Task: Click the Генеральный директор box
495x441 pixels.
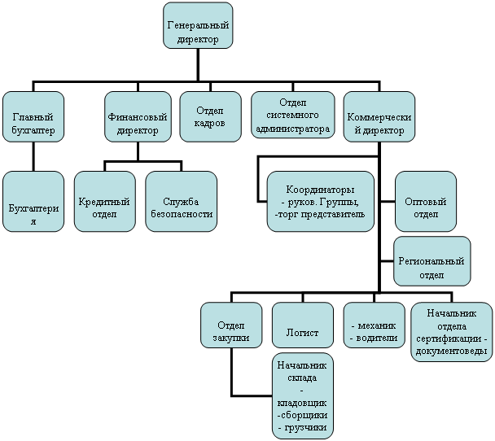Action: pyautogui.click(x=198, y=25)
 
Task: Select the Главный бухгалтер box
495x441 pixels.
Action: pyautogui.click(x=33, y=116)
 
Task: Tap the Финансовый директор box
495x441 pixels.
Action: pyautogui.click(x=138, y=116)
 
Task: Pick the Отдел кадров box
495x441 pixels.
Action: pyautogui.click(x=211, y=116)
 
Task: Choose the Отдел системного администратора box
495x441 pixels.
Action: pyautogui.click(x=293, y=115)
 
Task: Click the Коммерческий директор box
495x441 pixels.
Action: pyautogui.click(x=379, y=116)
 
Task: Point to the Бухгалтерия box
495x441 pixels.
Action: pyautogui.click(x=33, y=202)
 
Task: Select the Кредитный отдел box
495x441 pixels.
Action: pyautogui.click(x=105, y=202)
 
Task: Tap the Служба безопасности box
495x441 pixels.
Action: pyautogui.click(x=182, y=202)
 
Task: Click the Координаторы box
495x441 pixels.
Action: pyautogui.click(x=321, y=202)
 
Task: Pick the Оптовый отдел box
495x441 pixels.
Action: pyautogui.click(x=426, y=202)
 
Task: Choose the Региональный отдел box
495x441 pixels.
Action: pyautogui.click(x=431, y=261)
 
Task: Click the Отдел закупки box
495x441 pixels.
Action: pyautogui.click(x=231, y=325)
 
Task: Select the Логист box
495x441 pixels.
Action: pyautogui.click(x=303, y=325)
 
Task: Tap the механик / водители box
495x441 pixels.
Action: pyautogui.click(x=374, y=325)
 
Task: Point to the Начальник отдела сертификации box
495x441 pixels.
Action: pyautogui.click(x=452, y=332)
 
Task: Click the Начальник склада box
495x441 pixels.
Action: pyautogui.click(x=303, y=396)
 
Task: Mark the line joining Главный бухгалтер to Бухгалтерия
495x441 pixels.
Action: pyautogui.click(x=33, y=156)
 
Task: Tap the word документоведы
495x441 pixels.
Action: pyautogui.click(x=451, y=351)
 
